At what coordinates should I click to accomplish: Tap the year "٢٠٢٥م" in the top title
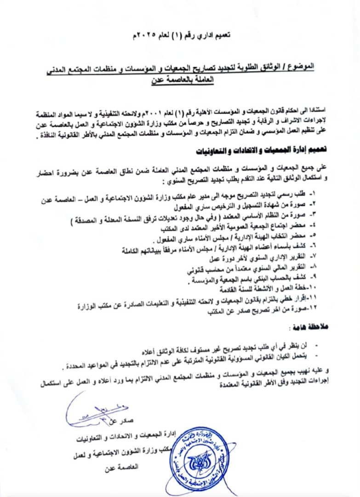click(143, 35)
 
